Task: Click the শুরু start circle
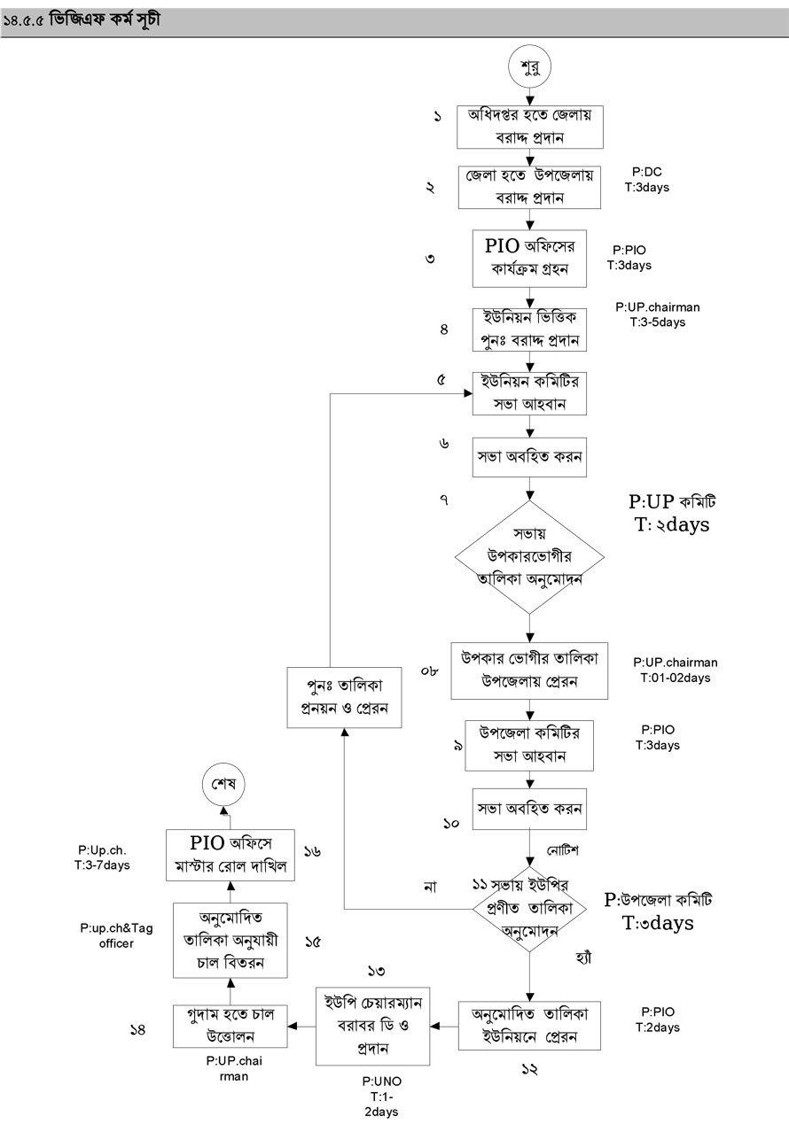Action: (x=530, y=67)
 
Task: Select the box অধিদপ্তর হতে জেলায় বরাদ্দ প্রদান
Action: (x=530, y=127)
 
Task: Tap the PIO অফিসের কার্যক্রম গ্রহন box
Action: (x=530, y=257)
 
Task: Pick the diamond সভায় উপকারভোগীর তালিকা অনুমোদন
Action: (x=530, y=557)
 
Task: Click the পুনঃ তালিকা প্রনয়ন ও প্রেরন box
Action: (x=345, y=698)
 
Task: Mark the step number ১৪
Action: (x=138, y=1029)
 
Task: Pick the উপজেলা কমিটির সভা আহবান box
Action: (x=530, y=746)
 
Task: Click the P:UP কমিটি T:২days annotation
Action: (x=671, y=514)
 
